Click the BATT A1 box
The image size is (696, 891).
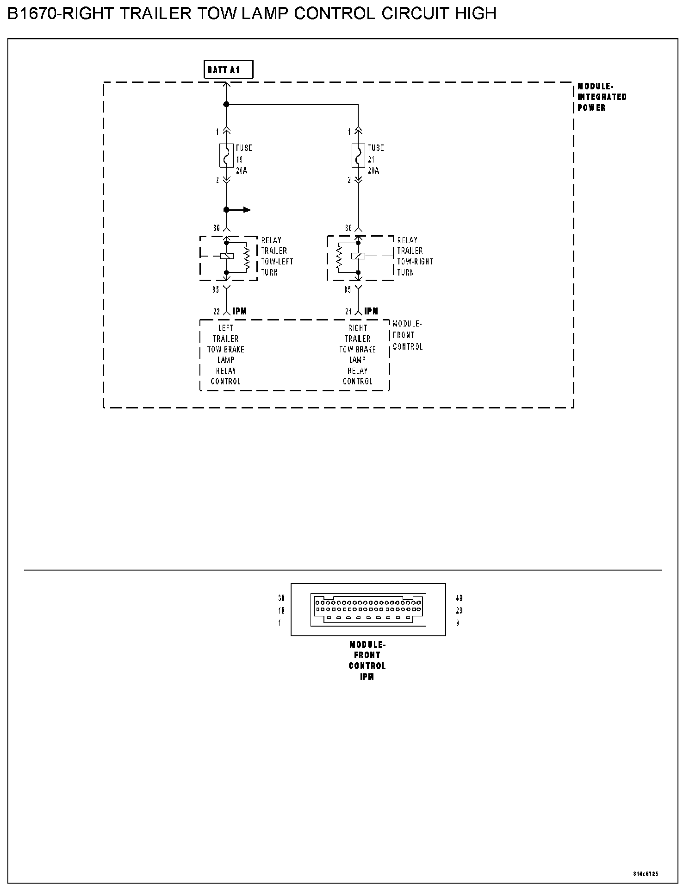click(228, 70)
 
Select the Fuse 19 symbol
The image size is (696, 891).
click(226, 156)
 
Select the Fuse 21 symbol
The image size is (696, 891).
click(358, 156)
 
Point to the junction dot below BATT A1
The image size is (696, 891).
click(226, 105)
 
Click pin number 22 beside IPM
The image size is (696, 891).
click(217, 312)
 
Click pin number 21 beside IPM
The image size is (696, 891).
click(348, 312)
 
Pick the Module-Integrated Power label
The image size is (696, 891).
click(602, 97)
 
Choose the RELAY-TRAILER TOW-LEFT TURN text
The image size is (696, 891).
click(277, 256)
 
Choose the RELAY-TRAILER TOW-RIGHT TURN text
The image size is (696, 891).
click(415, 256)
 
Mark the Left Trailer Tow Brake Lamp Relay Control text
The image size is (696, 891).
click(226, 355)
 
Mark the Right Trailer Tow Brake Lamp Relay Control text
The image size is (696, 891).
click(357, 355)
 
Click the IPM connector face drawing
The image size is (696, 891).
click(368, 609)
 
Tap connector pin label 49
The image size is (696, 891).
click(459, 598)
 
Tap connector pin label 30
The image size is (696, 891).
click(281, 598)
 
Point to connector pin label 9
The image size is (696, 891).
click(458, 623)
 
